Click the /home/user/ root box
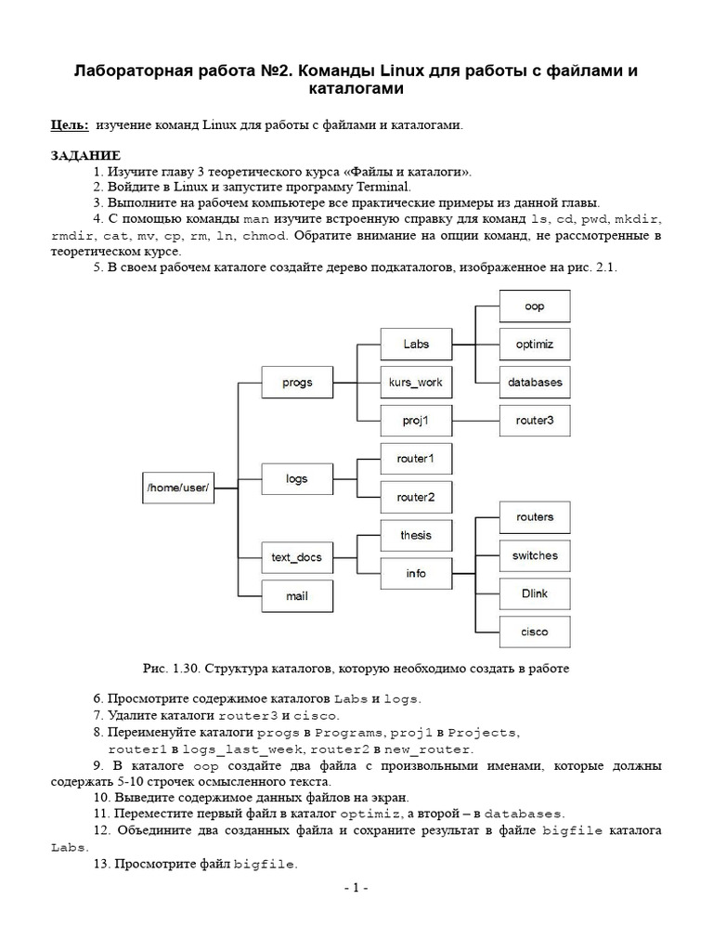coord(178,487)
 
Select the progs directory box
coord(296,382)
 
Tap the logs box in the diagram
coord(296,479)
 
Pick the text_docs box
coord(296,557)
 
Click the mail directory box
coord(296,596)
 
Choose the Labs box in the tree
coord(416,344)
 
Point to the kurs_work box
coord(416,382)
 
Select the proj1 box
coord(416,420)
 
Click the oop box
coord(534,306)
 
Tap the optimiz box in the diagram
coord(534,344)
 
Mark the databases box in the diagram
coord(534,382)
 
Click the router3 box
coord(534,420)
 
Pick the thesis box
coord(416,535)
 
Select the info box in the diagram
coord(416,573)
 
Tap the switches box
coord(534,555)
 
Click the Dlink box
coord(534,593)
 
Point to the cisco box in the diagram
coord(534,632)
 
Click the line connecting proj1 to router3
coord(474,420)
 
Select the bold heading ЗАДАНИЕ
coord(85,154)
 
